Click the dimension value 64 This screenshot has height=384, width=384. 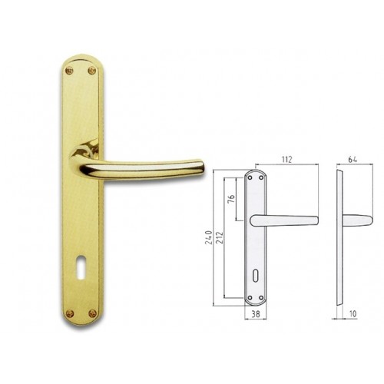[353, 161]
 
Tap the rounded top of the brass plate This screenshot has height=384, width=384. [81, 58]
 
